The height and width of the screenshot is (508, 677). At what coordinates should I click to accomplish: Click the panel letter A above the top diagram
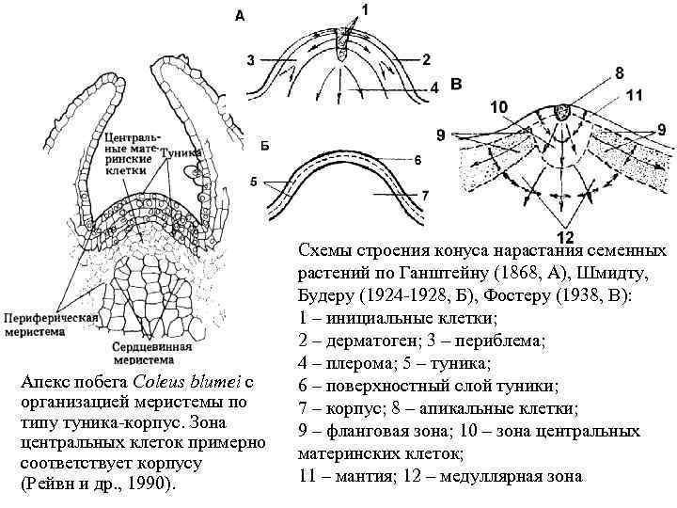click(x=240, y=16)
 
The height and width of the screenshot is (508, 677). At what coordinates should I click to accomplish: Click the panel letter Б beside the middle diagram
click(x=265, y=146)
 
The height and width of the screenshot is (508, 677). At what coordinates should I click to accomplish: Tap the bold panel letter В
click(x=456, y=85)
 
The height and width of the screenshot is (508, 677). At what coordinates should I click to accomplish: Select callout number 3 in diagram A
click(x=251, y=61)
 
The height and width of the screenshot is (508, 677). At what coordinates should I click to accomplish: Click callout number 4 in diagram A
click(x=435, y=87)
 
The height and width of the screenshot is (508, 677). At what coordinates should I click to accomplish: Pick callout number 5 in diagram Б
click(x=253, y=181)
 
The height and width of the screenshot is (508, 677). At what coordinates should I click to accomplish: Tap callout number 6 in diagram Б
click(x=417, y=160)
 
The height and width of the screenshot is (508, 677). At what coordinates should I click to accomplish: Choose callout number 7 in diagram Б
click(x=425, y=195)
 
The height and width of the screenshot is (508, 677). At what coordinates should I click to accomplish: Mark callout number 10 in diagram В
click(x=499, y=108)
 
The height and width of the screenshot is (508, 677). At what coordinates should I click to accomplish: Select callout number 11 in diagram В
click(x=634, y=94)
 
